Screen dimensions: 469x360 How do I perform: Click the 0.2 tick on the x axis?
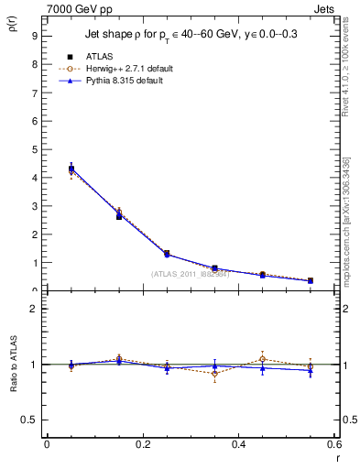pos(143,445)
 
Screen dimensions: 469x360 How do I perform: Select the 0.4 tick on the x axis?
pos(239,445)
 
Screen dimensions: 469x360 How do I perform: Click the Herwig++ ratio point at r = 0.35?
pos(214,374)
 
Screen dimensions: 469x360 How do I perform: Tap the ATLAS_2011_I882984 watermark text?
pos(190,274)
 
